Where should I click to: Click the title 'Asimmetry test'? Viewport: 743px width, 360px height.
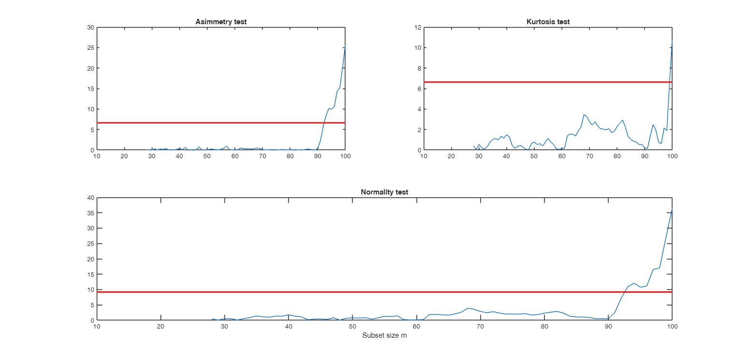click(221, 22)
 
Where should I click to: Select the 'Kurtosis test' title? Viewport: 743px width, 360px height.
click(548, 22)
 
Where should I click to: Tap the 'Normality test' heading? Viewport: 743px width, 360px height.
click(384, 192)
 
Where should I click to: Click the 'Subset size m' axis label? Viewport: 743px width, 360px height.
click(384, 335)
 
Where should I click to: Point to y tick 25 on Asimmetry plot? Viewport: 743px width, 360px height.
click(90, 48)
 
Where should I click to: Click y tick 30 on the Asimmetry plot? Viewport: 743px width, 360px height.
click(90, 28)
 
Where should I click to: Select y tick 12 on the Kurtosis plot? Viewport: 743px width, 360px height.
click(417, 28)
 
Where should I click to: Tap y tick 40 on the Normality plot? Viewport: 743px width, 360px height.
click(90, 197)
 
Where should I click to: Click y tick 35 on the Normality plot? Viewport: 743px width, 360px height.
click(90, 213)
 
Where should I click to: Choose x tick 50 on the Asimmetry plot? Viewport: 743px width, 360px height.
click(207, 156)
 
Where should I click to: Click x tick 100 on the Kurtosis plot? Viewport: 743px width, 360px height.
click(672, 156)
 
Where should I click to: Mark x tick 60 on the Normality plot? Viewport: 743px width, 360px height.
click(416, 327)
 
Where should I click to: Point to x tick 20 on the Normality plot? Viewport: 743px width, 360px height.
click(161, 327)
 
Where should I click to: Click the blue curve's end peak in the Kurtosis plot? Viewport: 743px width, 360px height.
click(672, 39)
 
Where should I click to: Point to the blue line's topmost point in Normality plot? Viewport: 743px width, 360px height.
click(672, 209)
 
